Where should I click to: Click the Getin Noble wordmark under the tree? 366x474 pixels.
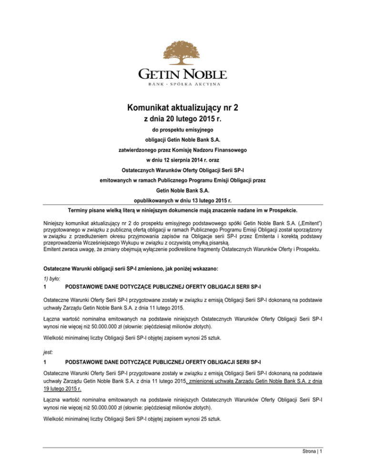coord(183,74)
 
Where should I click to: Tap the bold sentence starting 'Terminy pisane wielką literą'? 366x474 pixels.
coord(183,210)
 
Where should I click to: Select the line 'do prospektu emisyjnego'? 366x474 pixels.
coord(183,130)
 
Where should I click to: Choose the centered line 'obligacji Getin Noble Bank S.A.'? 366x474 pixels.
coord(183,140)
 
